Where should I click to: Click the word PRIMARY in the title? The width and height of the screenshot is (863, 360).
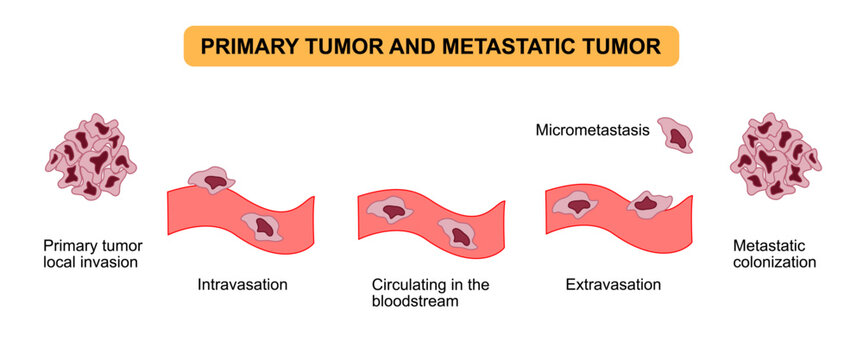[x=244, y=46]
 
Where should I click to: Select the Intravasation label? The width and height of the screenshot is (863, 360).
[x=242, y=284]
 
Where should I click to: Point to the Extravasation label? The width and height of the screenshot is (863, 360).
[x=613, y=284]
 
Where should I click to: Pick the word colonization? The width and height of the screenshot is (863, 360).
[x=774, y=262]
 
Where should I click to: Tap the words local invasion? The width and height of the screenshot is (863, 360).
[x=90, y=262]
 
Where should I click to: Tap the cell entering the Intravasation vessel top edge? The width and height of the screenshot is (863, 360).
[x=211, y=180]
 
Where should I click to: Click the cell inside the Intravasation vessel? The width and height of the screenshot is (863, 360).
[x=263, y=226]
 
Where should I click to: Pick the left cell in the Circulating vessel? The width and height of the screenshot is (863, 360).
[x=389, y=208]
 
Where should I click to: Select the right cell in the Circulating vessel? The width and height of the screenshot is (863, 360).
[x=459, y=233]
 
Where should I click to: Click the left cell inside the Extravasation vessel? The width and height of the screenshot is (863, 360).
[x=575, y=205]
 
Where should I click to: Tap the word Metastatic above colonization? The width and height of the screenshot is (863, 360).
[x=768, y=245]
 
